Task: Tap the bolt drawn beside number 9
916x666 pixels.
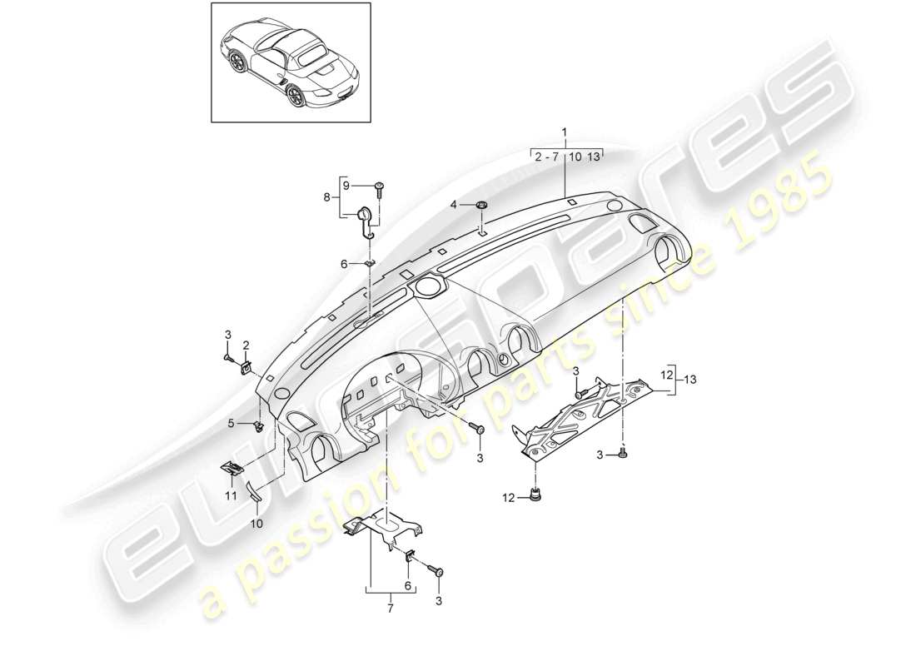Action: (380, 186)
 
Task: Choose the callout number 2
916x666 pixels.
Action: (246, 345)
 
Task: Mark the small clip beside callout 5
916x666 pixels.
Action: (258, 427)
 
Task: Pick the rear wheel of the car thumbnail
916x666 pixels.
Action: (296, 97)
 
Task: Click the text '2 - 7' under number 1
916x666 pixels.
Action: (548, 156)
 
